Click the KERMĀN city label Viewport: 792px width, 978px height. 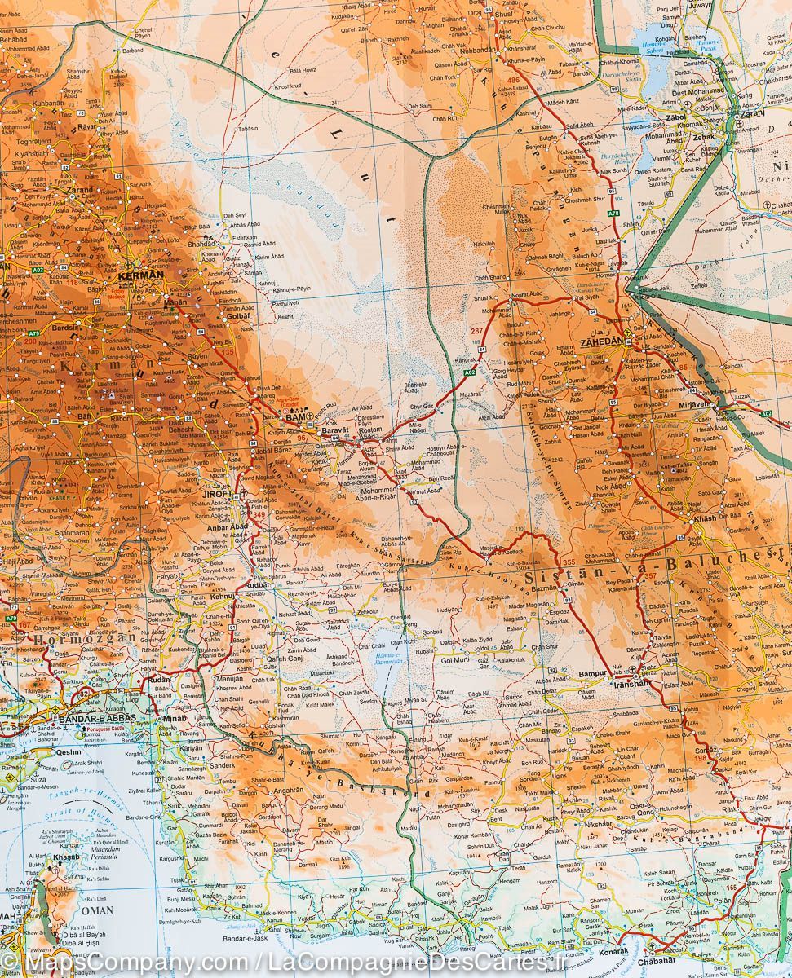click(x=140, y=275)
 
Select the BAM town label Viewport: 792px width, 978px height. click(x=292, y=417)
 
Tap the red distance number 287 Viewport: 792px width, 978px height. click(x=476, y=331)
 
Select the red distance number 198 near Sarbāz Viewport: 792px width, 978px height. click(x=701, y=759)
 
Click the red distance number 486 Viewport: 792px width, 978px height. click(x=513, y=80)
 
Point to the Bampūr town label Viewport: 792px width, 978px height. click(x=592, y=674)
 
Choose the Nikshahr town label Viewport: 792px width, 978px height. click(x=597, y=823)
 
